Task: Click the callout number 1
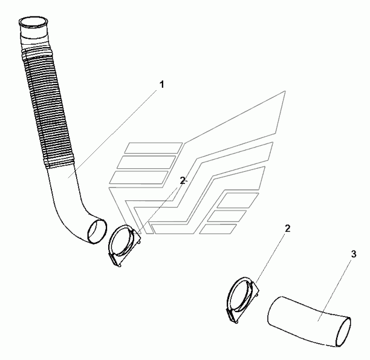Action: coord(161,85)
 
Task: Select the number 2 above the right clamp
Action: coord(288,229)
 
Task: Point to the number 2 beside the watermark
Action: coord(183,180)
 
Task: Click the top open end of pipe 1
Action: coord(33,25)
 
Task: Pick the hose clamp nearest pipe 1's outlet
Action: coord(126,245)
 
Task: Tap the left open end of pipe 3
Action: coord(273,310)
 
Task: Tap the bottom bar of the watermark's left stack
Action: coord(138,177)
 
